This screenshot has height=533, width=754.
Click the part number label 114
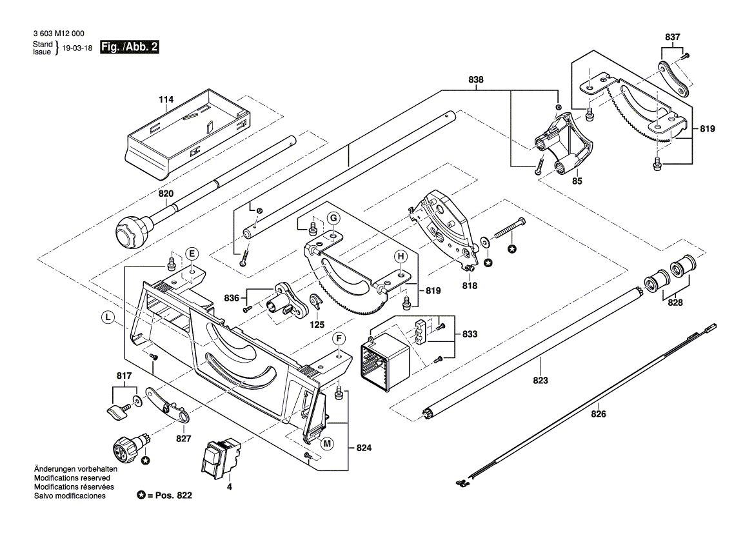[x=166, y=100]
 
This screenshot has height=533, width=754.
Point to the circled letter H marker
[x=401, y=257]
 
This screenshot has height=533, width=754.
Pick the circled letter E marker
[x=192, y=252]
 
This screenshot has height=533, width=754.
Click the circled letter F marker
[x=337, y=338]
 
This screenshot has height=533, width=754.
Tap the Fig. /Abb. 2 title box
[x=130, y=47]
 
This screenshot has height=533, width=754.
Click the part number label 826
[x=599, y=414]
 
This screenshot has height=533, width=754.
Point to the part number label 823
[x=540, y=381]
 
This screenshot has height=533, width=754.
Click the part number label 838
[x=476, y=80]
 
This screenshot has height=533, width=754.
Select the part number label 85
[x=577, y=183]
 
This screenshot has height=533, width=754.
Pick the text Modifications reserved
[x=74, y=478]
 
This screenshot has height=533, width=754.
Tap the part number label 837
[x=672, y=37]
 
